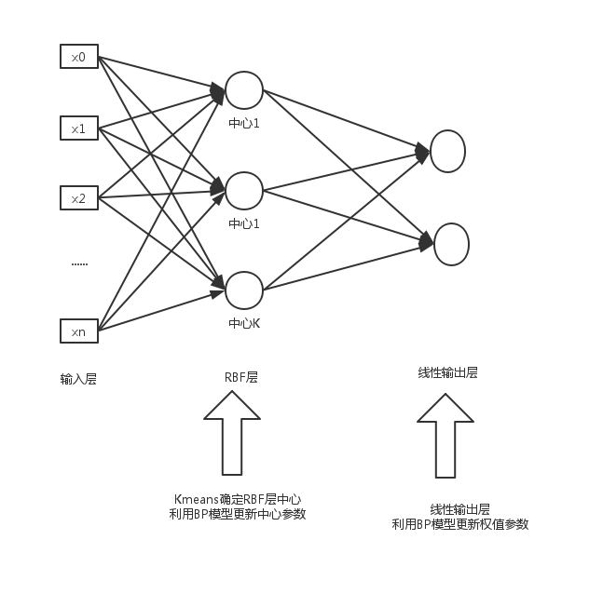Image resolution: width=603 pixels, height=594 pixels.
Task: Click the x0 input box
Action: (x=79, y=57)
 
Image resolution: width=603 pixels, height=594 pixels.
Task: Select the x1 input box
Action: (x=79, y=128)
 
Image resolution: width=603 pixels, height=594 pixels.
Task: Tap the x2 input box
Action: (x=79, y=198)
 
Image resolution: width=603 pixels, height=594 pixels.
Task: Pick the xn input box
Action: (x=79, y=331)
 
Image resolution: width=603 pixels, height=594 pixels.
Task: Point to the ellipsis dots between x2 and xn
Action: (x=79, y=263)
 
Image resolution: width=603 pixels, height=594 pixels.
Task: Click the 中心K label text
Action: (x=244, y=324)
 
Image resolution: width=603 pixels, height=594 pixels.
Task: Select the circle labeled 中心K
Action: (x=244, y=290)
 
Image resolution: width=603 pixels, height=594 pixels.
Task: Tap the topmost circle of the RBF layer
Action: (x=244, y=90)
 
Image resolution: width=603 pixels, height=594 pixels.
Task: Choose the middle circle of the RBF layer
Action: (x=244, y=190)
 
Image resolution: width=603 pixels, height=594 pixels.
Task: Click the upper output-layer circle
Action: (x=447, y=152)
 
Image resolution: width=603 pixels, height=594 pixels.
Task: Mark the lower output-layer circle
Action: (x=450, y=244)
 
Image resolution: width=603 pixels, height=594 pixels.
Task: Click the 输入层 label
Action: (x=79, y=379)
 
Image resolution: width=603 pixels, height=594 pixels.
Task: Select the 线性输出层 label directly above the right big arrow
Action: (x=447, y=372)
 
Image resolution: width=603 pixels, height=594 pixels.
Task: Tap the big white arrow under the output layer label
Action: (x=445, y=435)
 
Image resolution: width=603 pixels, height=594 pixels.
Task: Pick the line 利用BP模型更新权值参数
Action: (x=460, y=524)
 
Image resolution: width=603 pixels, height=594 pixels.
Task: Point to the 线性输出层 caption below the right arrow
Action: (x=459, y=509)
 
